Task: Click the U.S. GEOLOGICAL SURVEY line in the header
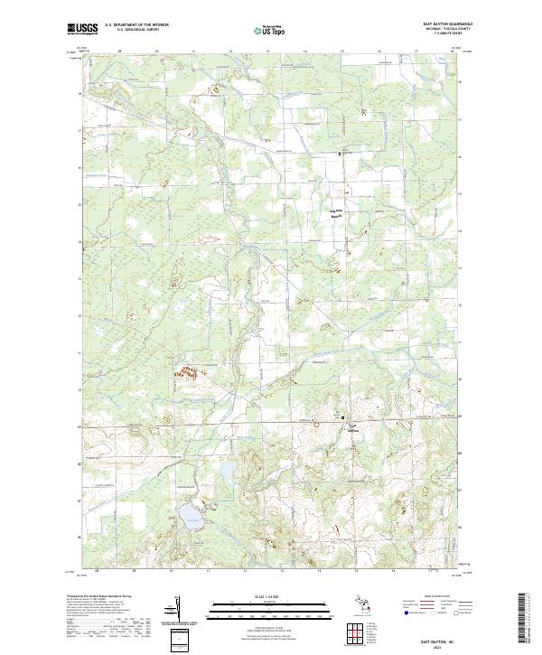[132, 30]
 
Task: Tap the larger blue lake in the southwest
[191, 516]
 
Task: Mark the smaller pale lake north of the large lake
[226, 471]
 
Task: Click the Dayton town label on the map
[354, 431]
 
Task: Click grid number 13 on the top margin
[268, 52]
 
